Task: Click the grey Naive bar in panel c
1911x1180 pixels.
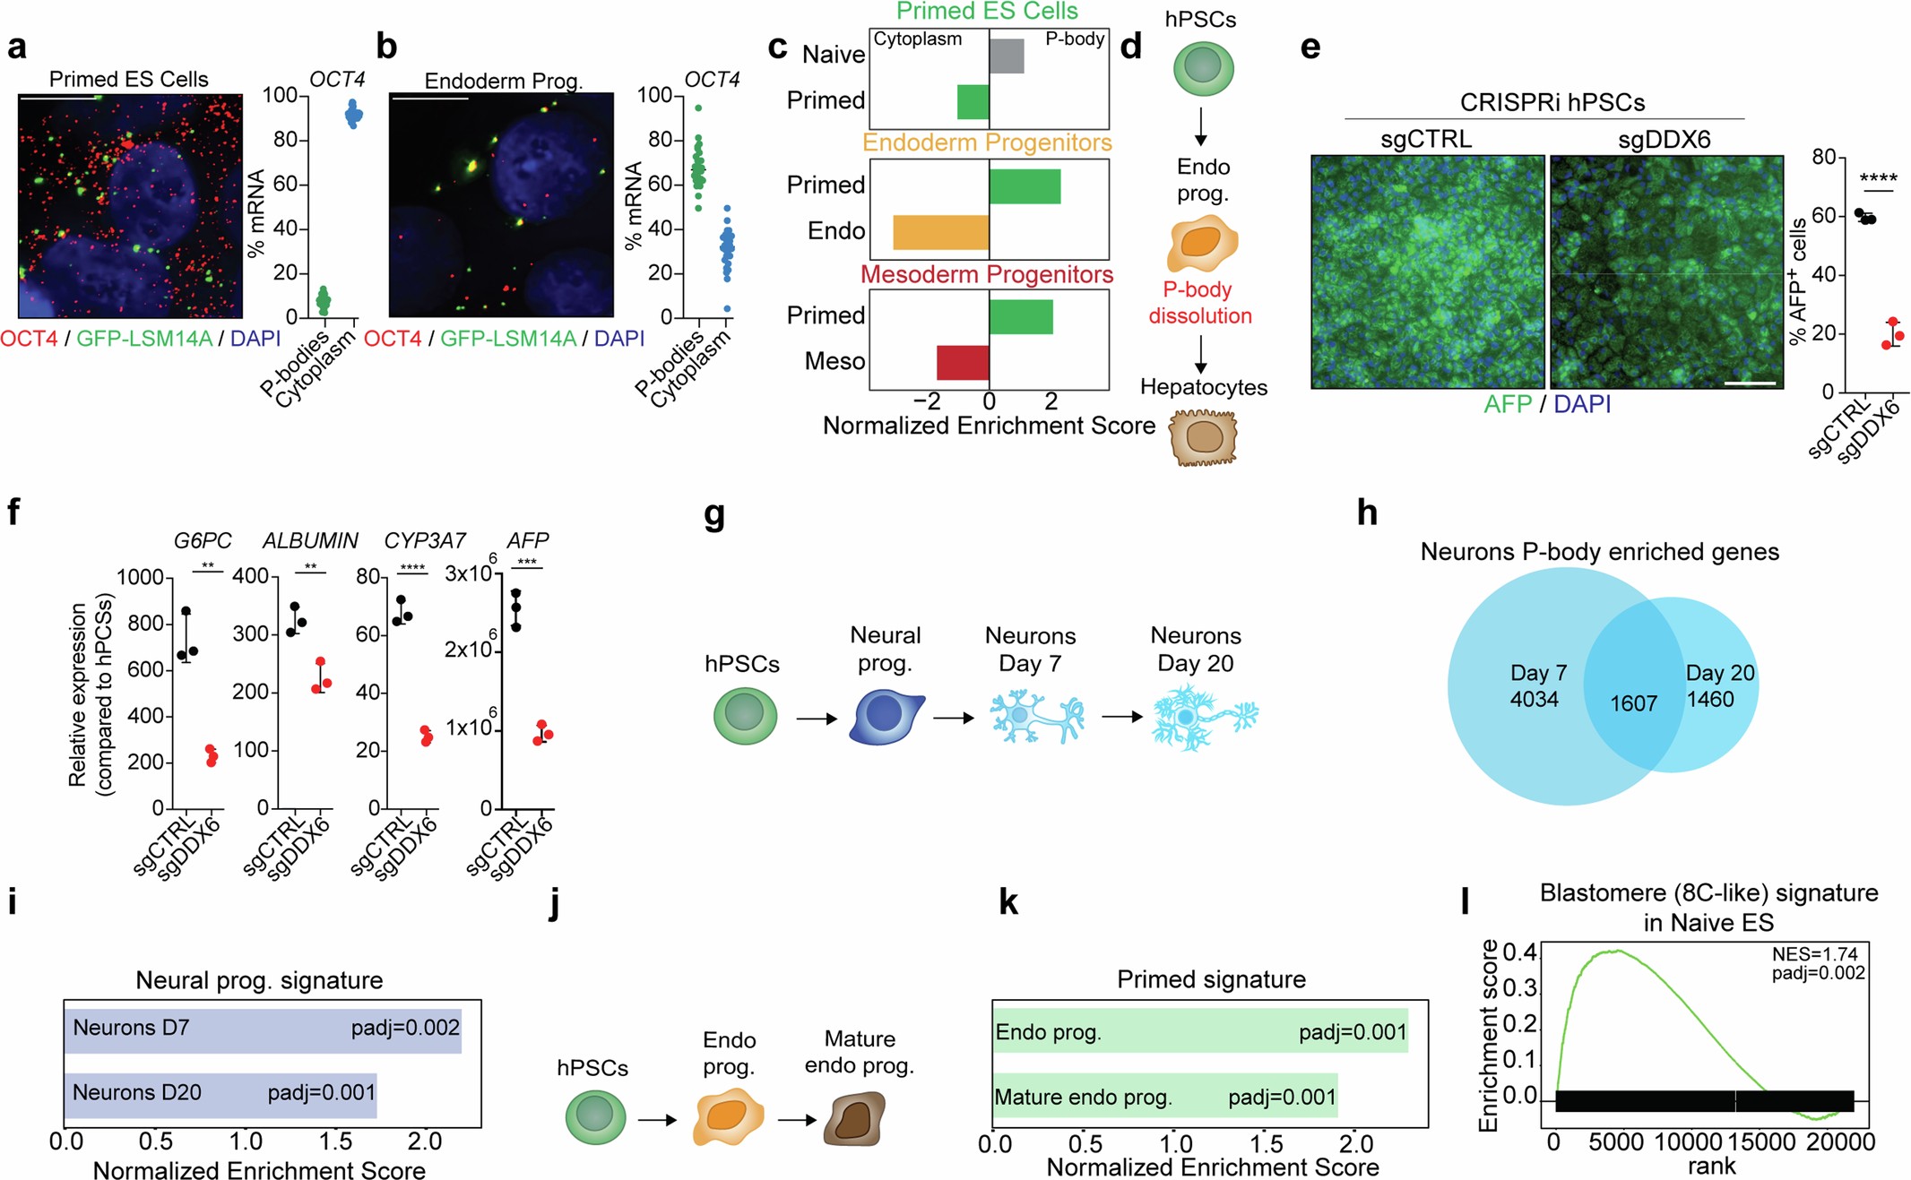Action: [1007, 56]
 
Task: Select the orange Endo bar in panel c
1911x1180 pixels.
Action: [940, 232]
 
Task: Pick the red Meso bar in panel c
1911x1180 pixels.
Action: [963, 362]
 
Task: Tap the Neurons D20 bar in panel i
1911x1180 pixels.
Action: [220, 1094]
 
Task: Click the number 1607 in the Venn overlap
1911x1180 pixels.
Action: [1633, 703]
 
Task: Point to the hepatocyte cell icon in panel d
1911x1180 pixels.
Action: [1203, 438]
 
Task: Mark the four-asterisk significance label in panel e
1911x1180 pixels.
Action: [1878, 179]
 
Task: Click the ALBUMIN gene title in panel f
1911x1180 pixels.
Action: [310, 541]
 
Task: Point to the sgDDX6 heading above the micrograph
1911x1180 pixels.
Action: [1664, 140]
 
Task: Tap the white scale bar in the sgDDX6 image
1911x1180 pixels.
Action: [1749, 383]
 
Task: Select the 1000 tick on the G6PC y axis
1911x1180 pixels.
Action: [141, 578]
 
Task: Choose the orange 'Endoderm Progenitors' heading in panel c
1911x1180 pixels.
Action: [987, 143]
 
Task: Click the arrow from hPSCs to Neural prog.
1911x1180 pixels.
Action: [816, 719]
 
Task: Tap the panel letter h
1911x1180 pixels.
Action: [1367, 513]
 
